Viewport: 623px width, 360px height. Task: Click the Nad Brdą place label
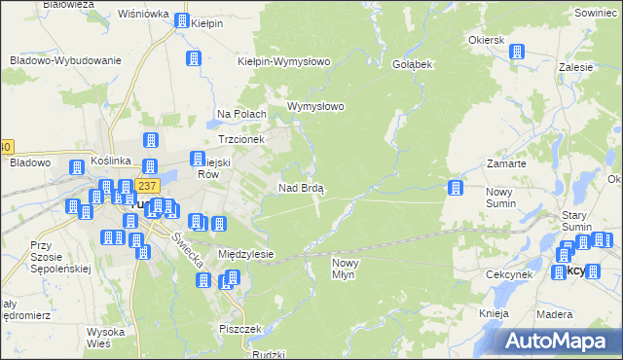click(302, 188)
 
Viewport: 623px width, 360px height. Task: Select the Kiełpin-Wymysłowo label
click(284, 61)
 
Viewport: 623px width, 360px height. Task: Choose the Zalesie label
click(577, 68)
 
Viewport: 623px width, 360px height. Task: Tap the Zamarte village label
click(506, 164)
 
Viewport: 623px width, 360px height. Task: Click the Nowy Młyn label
click(351, 269)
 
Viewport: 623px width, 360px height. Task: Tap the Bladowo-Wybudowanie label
click(65, 60)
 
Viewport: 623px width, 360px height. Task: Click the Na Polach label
click(241, 115)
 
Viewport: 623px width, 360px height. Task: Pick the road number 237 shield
click(147, 186)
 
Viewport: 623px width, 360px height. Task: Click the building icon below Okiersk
click(518, 52)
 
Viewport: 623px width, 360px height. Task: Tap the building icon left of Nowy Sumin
click(455, 188)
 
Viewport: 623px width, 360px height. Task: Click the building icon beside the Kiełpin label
click(181, 20)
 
